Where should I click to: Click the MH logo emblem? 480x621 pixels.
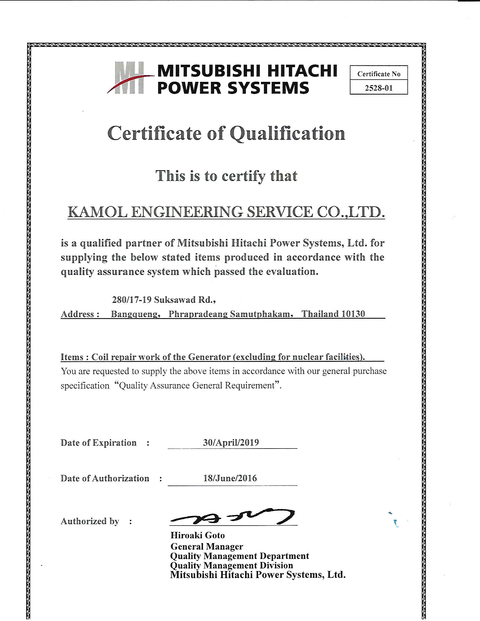pyautogui.click(x=129, y=78)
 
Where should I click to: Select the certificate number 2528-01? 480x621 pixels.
pyautogui.click(x=379, y=88)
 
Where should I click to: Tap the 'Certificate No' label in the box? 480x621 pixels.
pyautogui.click(x=379, y=74)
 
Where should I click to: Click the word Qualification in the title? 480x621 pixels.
pyautogui.click(x=287, y=133)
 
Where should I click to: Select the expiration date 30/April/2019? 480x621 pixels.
pyautogui.click(x=231, y=443)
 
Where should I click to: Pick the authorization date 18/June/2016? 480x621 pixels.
pyautogui.click(x=230, y=478)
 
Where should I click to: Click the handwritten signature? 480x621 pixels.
pyautogui.click(x=232, y=517)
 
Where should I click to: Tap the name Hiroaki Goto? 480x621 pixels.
pyautogui.click(x=198, y=535)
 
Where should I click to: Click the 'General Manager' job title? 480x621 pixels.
pyautogui.click(x=207, y=546)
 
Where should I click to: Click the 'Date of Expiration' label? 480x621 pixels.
pyautogui.click(x=98, y=443)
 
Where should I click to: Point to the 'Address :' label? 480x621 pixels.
pyautogui.click(x=80, y=314)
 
